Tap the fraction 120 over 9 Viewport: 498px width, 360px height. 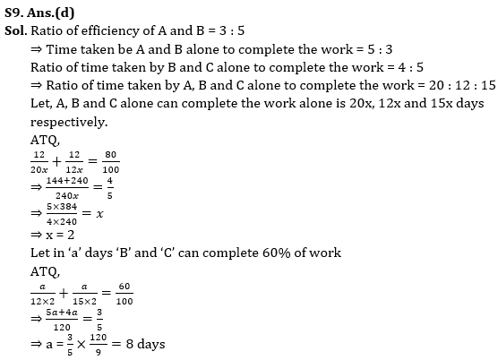point(99,344)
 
